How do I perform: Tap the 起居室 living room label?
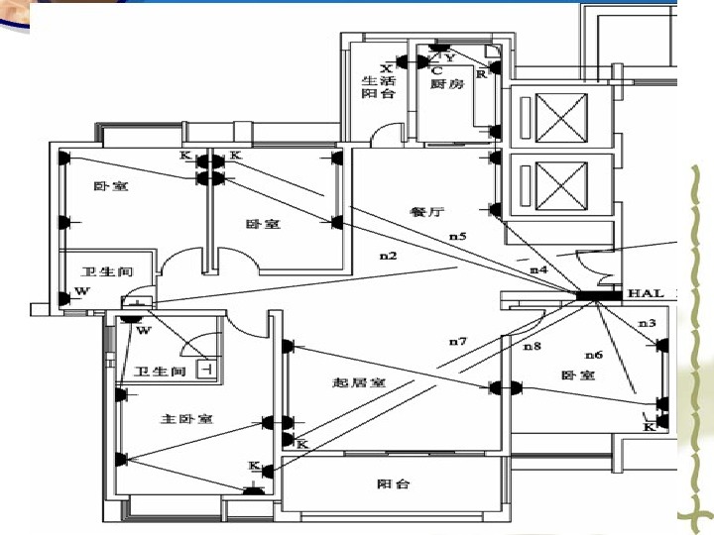358,382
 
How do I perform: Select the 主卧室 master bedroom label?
186,419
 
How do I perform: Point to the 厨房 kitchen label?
447,85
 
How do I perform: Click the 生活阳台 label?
378,87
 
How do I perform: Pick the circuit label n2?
388,257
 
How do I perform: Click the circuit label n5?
457,237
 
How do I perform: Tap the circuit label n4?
538,269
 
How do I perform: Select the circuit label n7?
457,342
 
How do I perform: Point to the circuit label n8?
533,346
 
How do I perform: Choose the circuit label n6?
593,354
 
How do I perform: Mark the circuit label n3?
647,323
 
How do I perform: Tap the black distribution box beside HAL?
598,295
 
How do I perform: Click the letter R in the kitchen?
481,72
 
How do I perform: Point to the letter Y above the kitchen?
450,57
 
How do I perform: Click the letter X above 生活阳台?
386,67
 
